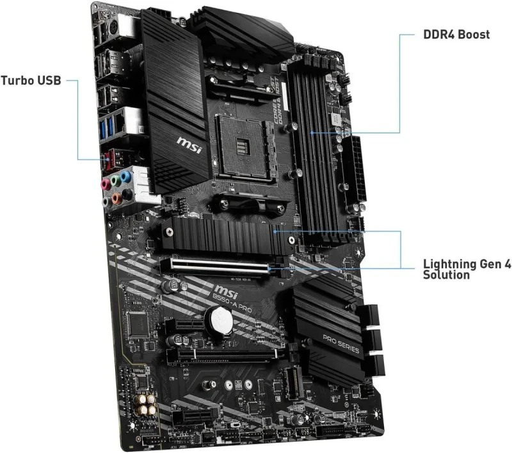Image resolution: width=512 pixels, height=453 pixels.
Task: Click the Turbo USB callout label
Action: tap(31, 81)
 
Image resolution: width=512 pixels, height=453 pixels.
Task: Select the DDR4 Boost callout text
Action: tap(456, 34)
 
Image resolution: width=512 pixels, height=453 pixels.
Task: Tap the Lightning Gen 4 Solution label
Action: tap(467, 269)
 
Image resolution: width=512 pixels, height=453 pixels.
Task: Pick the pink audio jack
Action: tap(105, 183)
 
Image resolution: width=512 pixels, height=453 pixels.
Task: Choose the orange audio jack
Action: tap(116, 199)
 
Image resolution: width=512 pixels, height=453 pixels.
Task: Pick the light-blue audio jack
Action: tap(124, 174)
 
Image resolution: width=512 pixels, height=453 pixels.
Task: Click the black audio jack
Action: tap(128, 192)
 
